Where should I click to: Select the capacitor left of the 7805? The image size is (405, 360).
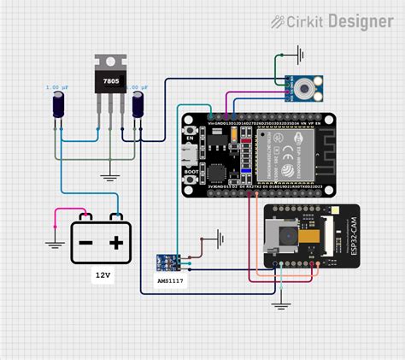coord(56,106)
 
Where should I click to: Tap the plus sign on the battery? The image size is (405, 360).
coord(116,243)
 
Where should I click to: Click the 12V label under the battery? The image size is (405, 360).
coord(103,275)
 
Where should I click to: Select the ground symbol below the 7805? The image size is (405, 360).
coord(109,177)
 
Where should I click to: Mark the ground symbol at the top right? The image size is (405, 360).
coord(300,57)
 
